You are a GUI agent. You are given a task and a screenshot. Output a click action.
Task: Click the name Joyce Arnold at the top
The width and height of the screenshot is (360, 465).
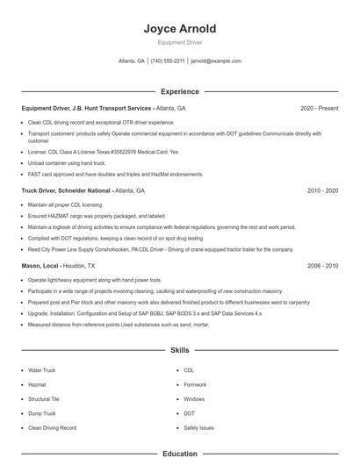pos(179,29)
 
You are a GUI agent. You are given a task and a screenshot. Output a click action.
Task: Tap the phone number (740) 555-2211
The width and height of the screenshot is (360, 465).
pos(168,61)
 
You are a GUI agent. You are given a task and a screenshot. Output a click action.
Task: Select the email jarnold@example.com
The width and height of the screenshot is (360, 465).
pos(215,61)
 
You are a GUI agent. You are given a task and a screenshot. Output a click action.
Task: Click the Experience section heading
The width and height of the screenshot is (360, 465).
pos(179,91)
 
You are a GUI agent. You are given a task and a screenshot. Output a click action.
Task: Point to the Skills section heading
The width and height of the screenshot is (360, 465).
pos(179,349)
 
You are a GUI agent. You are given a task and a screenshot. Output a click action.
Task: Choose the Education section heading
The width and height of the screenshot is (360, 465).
pos(179,454)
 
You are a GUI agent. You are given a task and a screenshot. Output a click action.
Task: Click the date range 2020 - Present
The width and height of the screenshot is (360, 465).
pos(319,108)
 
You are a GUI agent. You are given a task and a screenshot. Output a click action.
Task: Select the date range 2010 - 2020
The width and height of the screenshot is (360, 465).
pos(322,190)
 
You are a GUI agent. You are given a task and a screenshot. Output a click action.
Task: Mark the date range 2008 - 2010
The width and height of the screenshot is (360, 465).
pos(322,264)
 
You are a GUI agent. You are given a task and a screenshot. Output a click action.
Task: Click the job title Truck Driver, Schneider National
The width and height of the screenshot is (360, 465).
pos(67,190)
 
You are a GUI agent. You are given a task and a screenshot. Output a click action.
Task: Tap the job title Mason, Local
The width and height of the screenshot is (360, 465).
pos(40,264)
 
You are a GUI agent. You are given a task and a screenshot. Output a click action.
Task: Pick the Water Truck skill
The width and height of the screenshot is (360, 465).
pos(41,370)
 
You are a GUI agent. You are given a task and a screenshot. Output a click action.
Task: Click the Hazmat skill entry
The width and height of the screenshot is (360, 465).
pos(39,384)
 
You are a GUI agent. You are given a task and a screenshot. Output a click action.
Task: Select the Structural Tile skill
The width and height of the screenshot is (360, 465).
pos(45,399)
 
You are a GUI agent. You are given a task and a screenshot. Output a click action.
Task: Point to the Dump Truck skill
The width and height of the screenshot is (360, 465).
pos(41,413)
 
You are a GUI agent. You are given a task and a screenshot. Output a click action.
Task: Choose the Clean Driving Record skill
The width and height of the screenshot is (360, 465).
pos(52,427)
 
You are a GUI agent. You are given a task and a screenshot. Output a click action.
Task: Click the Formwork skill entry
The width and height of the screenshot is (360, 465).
pos(195,384)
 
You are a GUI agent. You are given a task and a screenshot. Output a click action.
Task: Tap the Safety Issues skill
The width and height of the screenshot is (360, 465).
pos(198,427)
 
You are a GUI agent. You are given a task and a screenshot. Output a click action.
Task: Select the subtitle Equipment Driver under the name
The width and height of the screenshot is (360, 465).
pos(179,42)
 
